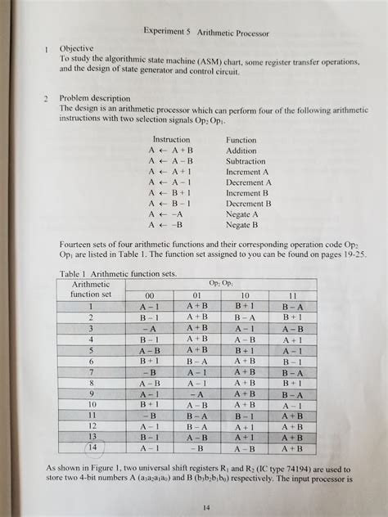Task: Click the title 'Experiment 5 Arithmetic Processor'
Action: (205, 32)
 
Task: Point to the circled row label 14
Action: (92, 447)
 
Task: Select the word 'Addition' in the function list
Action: (241, 151)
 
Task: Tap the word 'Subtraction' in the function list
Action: (246, 161)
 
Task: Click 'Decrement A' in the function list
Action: (247, 182)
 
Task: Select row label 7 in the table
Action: (92, 372)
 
